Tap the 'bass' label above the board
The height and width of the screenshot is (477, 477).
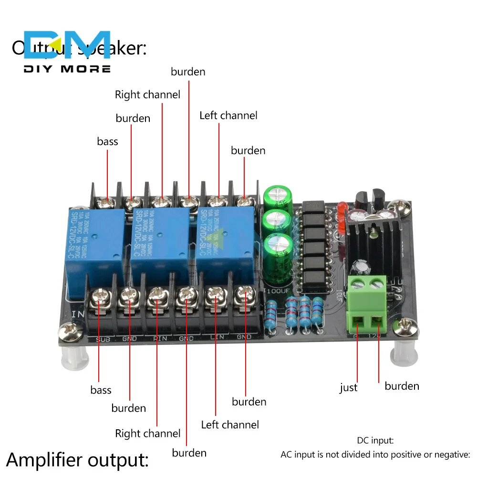107,141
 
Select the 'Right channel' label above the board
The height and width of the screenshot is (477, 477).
147,94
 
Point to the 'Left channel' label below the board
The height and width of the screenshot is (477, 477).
230,425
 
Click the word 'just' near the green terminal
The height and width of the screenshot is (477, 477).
348,388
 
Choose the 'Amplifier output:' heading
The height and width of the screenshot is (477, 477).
78,460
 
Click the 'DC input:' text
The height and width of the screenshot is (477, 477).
375,441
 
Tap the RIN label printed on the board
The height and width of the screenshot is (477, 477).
159,339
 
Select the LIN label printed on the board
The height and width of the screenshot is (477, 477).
216,338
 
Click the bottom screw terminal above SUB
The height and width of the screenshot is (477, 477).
100,298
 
